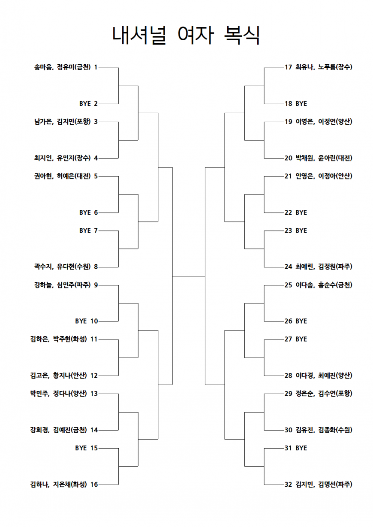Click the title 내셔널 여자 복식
pyautogui.click(x=186, y=35)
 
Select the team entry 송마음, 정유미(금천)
pyautogui.click(x=63, y=68)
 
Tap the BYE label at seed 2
pyautogui.click(x=85, y=104)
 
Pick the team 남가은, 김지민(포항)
pyautogui.click(x=63, y=122)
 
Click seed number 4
pyautogui.click(x=96, y=158)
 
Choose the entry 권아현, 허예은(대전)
pyautogui.click(x=63, y=176)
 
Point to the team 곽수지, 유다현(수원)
pyautogui.click(x=63, y=267)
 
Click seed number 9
pyautogui.click(x=96, y=285)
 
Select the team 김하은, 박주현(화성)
pyautogui.click(x=58, y=339)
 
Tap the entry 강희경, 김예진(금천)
pyautogui.click(x=58, y=430)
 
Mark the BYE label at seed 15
pyautogui.click(x=81, y=448)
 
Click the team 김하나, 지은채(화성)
pyautogui.click(x=58, y=485)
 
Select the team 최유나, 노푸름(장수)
pyautogui.click(x=324, y=68)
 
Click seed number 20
pyautogui.click(x=288, y=158)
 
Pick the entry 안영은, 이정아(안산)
pyautogui.click(x=324, y=176)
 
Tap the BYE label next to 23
pyautogui.click(x=301, y=231)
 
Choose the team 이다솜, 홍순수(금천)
pyautogui.click(x=324, y=285)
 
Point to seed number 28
pyautogui.click(x=288, y=375)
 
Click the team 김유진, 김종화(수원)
pyautogui.click(x=324, y=430)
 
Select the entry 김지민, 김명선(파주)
pyautogui.click(x=324, y=485)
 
